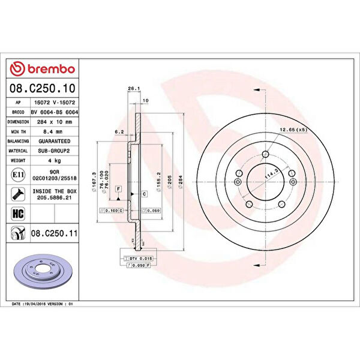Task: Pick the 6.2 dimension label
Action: [x=119, y=131]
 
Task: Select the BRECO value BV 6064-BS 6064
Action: [x=56, y=112]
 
